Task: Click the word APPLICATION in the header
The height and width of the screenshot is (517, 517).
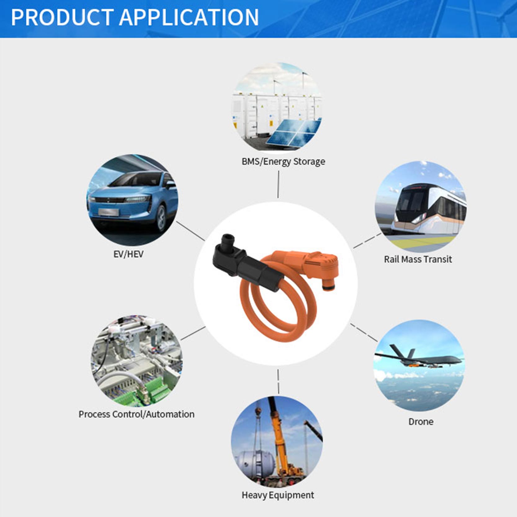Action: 189,17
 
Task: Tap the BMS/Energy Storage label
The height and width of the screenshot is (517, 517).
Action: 283,162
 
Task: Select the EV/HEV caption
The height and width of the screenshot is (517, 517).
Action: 128,254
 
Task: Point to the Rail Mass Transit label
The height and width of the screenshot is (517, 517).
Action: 418,259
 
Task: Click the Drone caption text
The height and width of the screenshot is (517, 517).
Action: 421,422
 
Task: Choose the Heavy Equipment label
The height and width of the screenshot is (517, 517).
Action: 278,495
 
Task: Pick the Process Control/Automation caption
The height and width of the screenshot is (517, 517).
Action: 136,414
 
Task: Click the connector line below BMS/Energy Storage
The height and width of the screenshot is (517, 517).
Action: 278,185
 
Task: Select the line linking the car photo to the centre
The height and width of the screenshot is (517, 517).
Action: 191,231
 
